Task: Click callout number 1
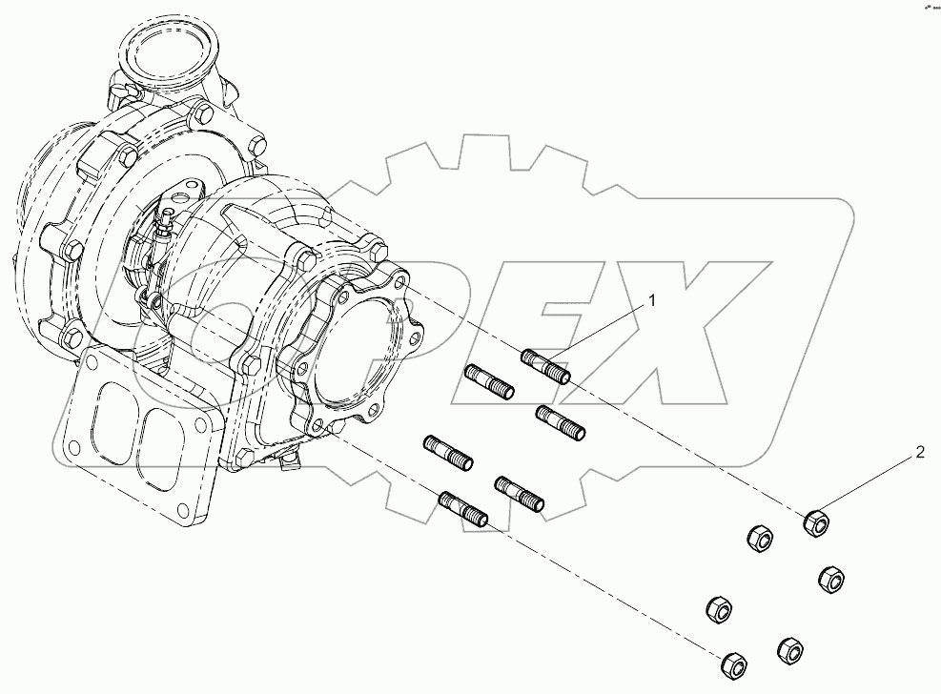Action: [653, 301]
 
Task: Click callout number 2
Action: [920, 452]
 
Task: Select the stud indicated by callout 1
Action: [546, 366]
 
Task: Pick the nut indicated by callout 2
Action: [816, 521]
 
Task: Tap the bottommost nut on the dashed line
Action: [732, 663]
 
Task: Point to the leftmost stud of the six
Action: [446, 450]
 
